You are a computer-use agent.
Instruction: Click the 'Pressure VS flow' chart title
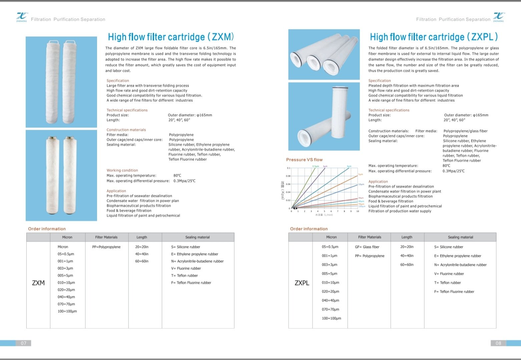click(304, 160)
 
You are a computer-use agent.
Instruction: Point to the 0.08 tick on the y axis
click(288, 176)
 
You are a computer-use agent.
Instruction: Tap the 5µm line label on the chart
click(361, 174)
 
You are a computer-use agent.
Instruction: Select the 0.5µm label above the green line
click(316, 166)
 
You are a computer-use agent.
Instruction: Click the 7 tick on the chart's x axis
click(338, 211)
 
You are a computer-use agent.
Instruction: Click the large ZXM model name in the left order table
click(38, 283)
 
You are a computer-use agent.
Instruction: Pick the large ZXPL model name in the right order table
click(302, 283)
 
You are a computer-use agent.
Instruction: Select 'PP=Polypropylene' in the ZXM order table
click(106, 247)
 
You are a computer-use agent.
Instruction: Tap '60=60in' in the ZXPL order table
click(407, 265)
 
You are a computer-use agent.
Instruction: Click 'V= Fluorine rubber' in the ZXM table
click(186, 268)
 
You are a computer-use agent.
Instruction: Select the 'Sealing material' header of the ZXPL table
click(460, 237)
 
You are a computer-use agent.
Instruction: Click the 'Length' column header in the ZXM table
click(142, 237)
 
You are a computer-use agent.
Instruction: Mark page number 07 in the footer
click(24, 343)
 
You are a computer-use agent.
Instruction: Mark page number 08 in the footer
click(498, 343)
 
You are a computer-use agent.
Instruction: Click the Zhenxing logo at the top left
click(22, 17)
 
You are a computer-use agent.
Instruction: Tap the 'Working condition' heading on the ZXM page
click(122, 170)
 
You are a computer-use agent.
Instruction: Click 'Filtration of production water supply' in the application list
click(400, 211)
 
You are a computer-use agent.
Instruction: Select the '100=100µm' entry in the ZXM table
click(67, 311)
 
